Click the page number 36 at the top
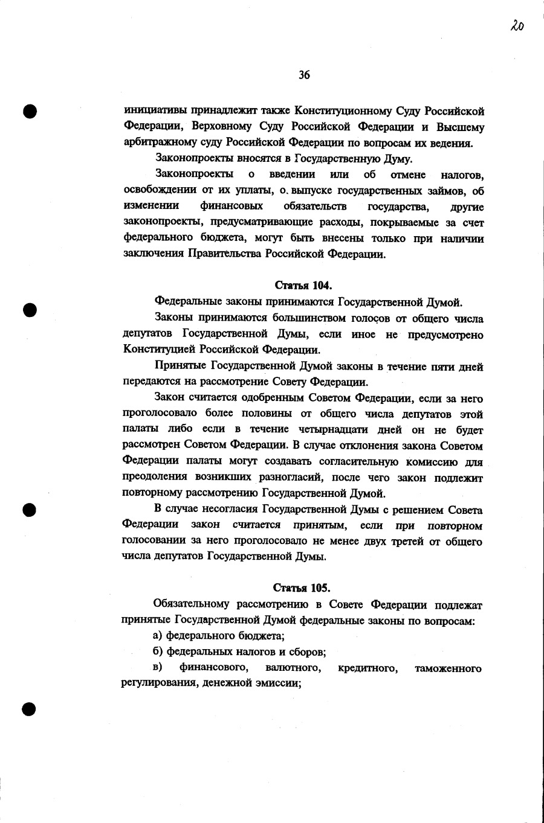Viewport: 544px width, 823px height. (x=304, y=75)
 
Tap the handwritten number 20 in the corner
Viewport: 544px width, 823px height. (x=516, y=25)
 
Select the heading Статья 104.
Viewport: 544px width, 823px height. (x=303, y=285)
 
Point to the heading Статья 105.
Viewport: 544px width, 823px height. (x=302, y=588)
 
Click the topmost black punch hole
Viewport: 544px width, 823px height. (x=30, y=111)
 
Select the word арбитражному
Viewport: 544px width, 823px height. (x=158, y=143)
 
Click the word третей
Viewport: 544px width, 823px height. (x=407, y=541)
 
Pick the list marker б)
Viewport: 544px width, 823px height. (x=159, y=652)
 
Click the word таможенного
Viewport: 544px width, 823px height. (x=448, y=668)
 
